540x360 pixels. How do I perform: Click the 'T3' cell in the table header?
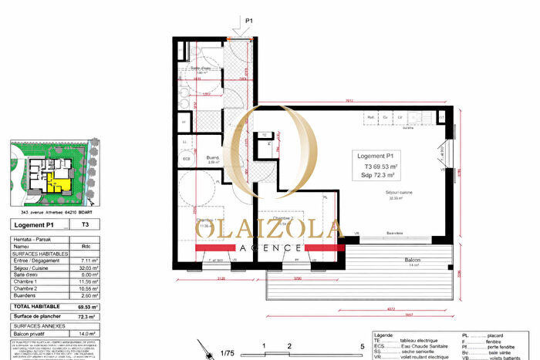[84, 225]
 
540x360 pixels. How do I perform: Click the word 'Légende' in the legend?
[383, 336]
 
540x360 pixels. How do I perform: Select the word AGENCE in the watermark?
[269, 247]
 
